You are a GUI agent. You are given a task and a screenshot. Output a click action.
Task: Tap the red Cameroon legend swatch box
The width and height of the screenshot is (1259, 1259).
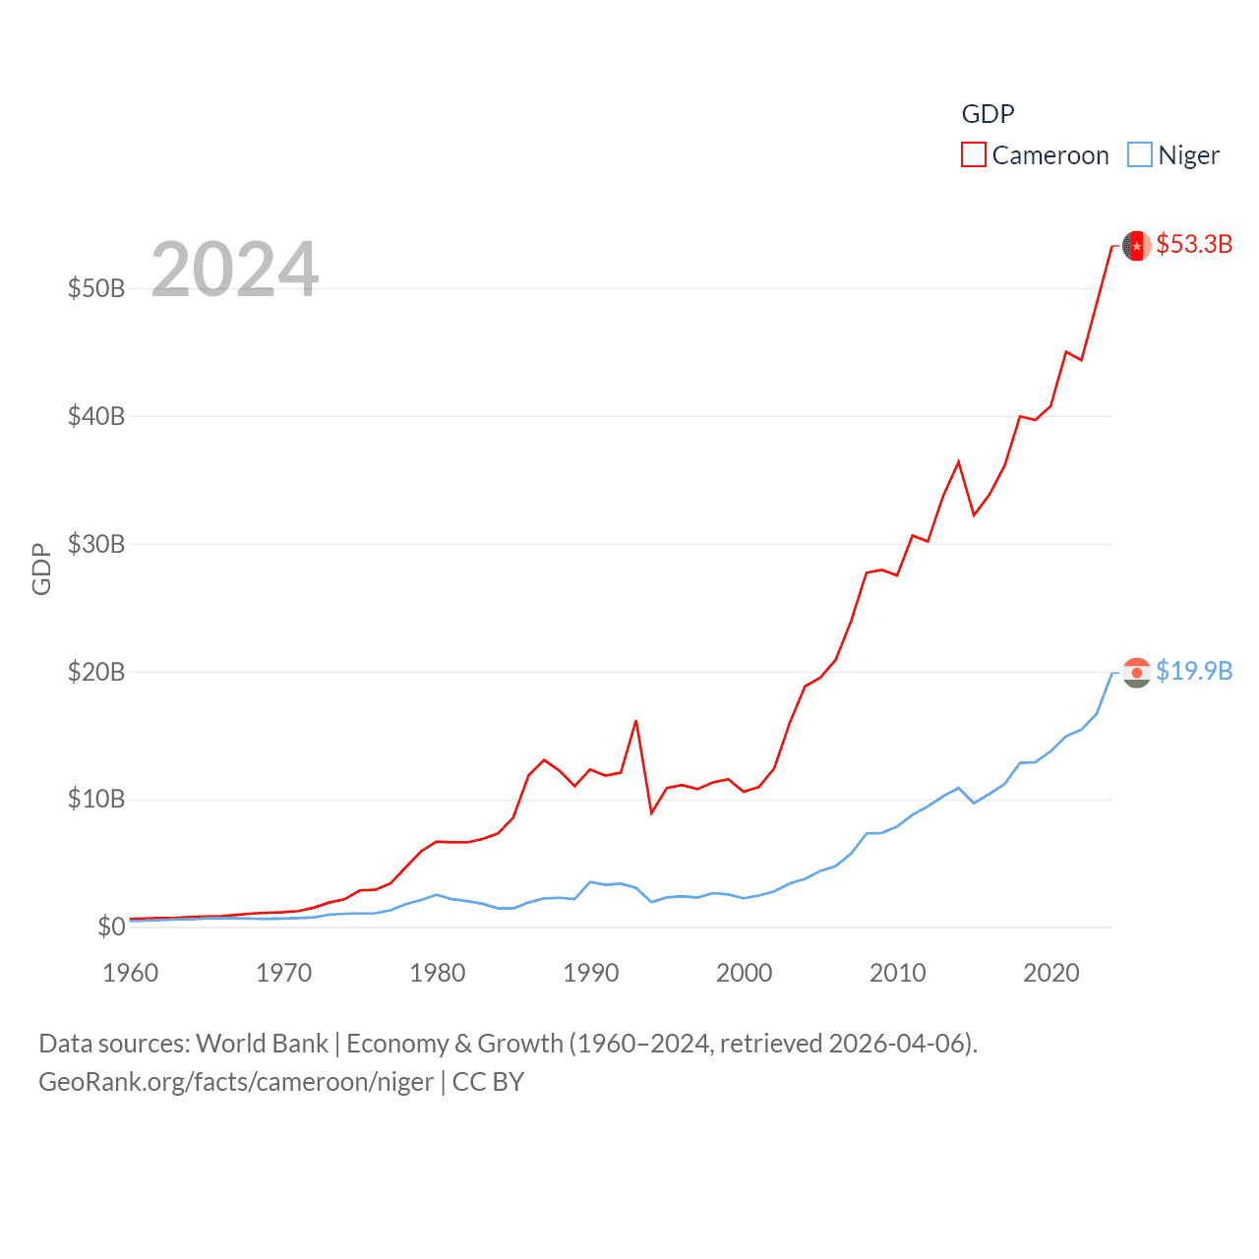(974, 155)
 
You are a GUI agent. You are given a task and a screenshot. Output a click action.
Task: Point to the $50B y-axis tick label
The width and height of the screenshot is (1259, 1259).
(96, 288)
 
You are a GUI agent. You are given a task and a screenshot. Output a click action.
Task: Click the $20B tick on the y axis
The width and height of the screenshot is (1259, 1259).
(96, 672)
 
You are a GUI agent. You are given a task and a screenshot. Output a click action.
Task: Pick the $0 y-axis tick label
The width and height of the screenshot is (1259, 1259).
(111, 927)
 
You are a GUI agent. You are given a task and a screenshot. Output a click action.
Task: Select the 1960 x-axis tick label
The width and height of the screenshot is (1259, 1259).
(131, 973)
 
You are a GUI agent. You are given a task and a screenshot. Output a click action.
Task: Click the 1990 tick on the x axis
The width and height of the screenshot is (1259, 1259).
(591, 973)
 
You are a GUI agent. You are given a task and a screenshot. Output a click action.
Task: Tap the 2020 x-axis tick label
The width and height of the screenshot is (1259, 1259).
(1051, 973)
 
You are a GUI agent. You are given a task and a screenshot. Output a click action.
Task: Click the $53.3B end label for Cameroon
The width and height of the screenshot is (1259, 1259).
(1194, 244)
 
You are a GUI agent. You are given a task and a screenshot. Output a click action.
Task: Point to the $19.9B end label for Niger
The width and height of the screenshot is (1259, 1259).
(1194, 671)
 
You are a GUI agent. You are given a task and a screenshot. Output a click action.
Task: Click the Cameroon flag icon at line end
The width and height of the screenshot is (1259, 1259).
(1137, 245)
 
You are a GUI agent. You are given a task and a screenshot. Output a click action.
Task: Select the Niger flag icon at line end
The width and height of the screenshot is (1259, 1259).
(1137, 673)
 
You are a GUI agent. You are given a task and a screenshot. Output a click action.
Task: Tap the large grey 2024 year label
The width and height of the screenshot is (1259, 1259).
(235, 270)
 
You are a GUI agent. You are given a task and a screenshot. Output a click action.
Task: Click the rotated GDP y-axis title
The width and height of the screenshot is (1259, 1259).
(41, 569)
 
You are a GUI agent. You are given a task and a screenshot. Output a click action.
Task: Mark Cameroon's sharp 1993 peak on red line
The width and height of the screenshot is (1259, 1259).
(636, 721)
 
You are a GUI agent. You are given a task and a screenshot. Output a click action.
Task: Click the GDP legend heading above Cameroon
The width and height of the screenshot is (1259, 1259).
(988, 114)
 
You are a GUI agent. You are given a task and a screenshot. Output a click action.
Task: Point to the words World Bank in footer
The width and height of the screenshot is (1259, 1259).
(262, 1044)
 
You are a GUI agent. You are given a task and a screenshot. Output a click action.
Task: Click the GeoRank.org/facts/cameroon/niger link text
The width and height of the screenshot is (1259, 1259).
(236, 1082)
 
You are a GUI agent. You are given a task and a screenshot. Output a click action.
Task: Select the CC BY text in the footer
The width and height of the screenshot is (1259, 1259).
(488, 1082)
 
